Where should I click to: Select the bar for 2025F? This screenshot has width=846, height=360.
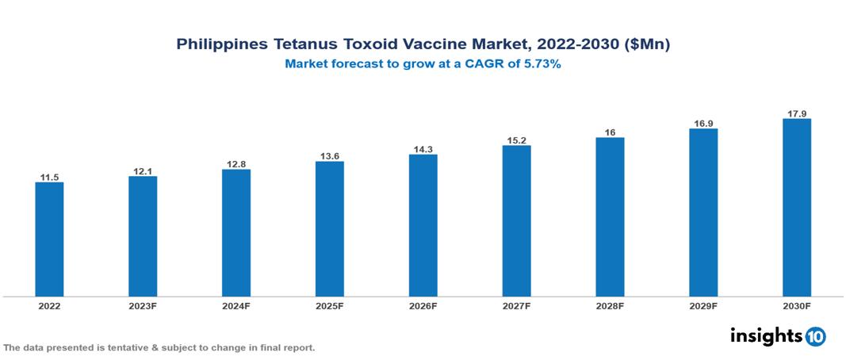tap(329, 229)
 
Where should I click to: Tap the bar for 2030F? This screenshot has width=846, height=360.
tap(796, 208)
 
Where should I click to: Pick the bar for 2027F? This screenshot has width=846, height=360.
tap(516, 221)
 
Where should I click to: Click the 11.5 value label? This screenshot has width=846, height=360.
tap(49, 177)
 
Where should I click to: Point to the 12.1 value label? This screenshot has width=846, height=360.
tap(143, 170)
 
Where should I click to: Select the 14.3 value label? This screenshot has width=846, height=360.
tap(423, 148)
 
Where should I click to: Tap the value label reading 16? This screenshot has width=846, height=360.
tap(610, 132)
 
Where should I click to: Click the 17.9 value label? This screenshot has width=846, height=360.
tap(796, 113)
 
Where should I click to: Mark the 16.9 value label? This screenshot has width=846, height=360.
tap(703, 123)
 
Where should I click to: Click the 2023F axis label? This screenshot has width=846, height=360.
tap(143, 306)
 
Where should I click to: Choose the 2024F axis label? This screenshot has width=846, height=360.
tap(236, 306)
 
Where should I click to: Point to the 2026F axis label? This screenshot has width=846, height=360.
tap(423, 306)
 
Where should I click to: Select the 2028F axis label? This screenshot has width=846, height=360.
tap(610, 306)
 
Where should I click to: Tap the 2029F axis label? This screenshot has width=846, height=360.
tap(703, 306)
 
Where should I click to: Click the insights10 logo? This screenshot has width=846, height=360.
tap(777, 336)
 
